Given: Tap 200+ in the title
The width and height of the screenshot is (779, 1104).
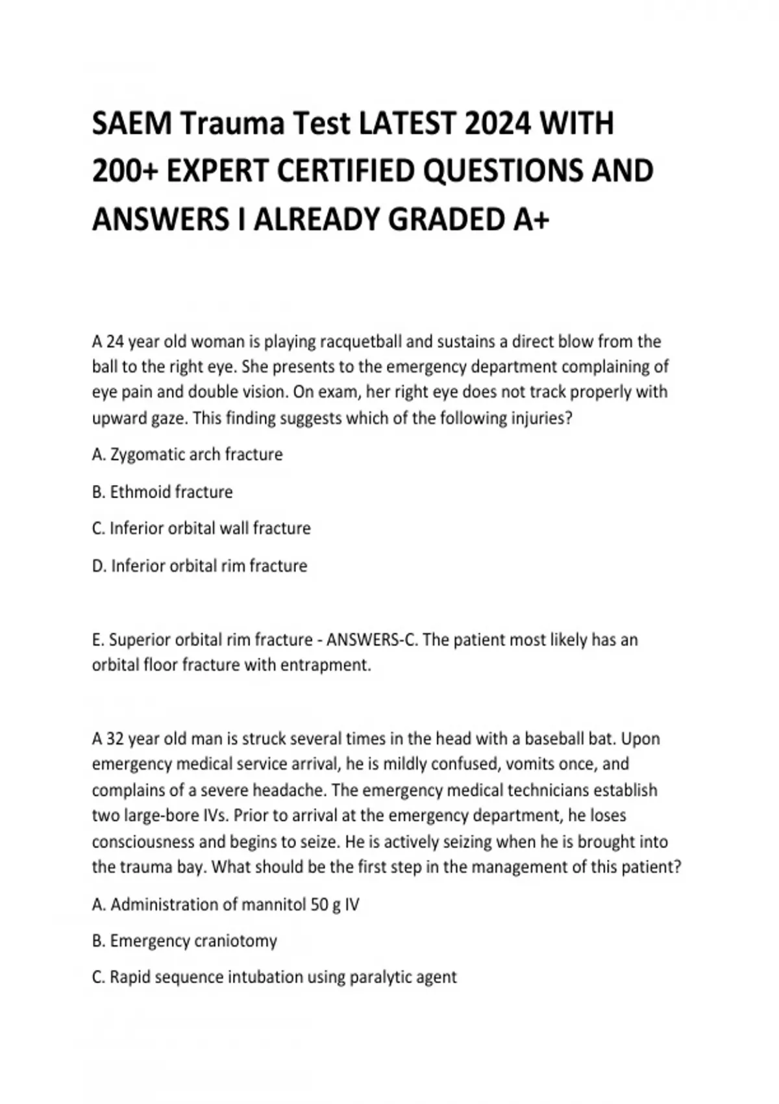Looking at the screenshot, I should point(125,171).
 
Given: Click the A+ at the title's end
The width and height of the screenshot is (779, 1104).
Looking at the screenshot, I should point(531,220).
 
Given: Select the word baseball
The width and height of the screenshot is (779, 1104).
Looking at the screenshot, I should point(554,739).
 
